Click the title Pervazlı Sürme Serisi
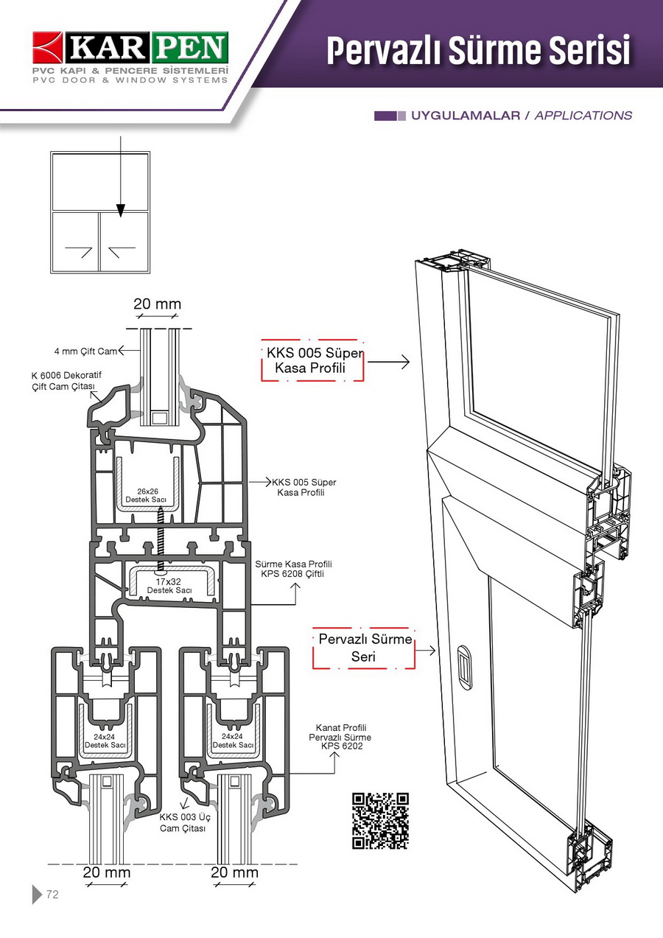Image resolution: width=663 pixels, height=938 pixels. [x=478, y=50]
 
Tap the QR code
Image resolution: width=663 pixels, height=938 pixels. [x=380, y=820]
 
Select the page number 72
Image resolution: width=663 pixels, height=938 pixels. [x=52, y=895]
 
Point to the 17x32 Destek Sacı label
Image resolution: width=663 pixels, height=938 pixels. [x=169, y=586]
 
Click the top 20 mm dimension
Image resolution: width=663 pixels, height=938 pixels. [x=157, y=304]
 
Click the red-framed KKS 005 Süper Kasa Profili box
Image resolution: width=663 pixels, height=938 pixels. [x=312, y=360]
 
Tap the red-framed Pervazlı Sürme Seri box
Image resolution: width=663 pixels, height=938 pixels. [x=364, y=648]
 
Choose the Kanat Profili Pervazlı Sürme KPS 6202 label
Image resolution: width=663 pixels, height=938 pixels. [x=340, y=737]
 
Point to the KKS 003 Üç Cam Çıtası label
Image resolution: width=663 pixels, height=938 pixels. [x=183, y=822]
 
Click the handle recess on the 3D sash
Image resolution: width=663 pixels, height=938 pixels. [x=463, y=667]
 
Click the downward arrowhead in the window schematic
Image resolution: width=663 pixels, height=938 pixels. [x=120, y=210]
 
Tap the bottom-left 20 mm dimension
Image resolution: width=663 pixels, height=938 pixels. [x=107, y=872]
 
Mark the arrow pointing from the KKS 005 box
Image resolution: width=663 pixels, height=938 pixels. [x=389, y=362]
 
